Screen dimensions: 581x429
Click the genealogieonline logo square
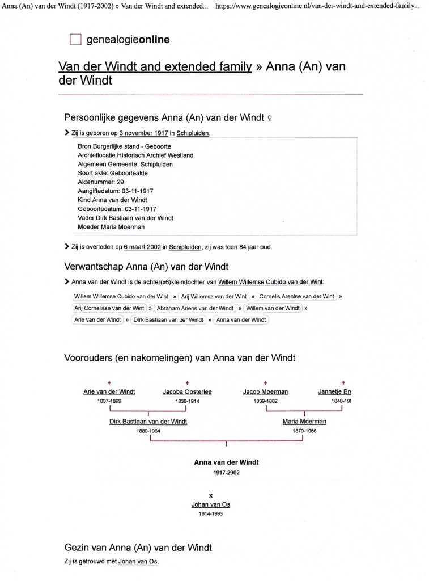click(x=75, y=40)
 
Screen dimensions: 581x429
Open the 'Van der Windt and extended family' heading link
click(x=155, y=66)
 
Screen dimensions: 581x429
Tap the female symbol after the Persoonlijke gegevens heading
click(x=270, y=118)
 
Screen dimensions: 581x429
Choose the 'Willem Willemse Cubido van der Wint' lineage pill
click(x=121, y=296)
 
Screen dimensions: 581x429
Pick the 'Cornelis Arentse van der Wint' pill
click(x=296, y=296)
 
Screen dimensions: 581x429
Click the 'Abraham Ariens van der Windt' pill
click(x=195, y=308)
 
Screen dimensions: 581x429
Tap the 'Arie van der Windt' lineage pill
click(x=97, y=320)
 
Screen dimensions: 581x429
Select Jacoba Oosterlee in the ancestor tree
click(x=187, y=391)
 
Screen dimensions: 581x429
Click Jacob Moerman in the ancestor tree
click(x=265, y=391)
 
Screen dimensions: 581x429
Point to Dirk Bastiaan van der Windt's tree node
click(x=148, y=422)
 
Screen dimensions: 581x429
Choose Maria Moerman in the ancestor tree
click(x=304, y=422)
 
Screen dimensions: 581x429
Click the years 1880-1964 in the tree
click(x=148, y=431)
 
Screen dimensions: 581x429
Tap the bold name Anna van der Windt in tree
click(x=226, y=462)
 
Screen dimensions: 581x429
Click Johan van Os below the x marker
click(x=211, y=504)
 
